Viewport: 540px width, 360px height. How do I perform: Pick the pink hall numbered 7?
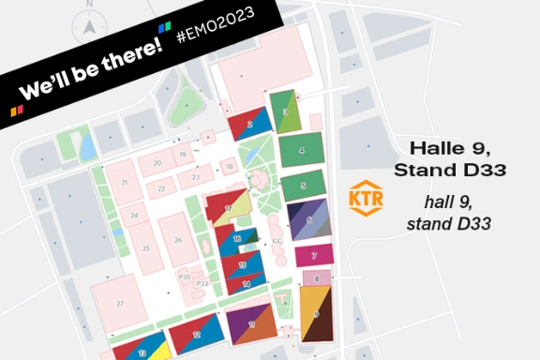(315, 255)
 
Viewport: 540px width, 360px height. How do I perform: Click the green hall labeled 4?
(301, 149)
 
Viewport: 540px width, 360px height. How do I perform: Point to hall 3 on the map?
(285, 112)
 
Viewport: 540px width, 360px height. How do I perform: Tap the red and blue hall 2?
(249, 123)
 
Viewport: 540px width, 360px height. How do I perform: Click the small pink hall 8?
(317, 278)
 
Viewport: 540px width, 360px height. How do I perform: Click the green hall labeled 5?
(302, 186)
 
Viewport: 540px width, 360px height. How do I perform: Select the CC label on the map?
(277, 241)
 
